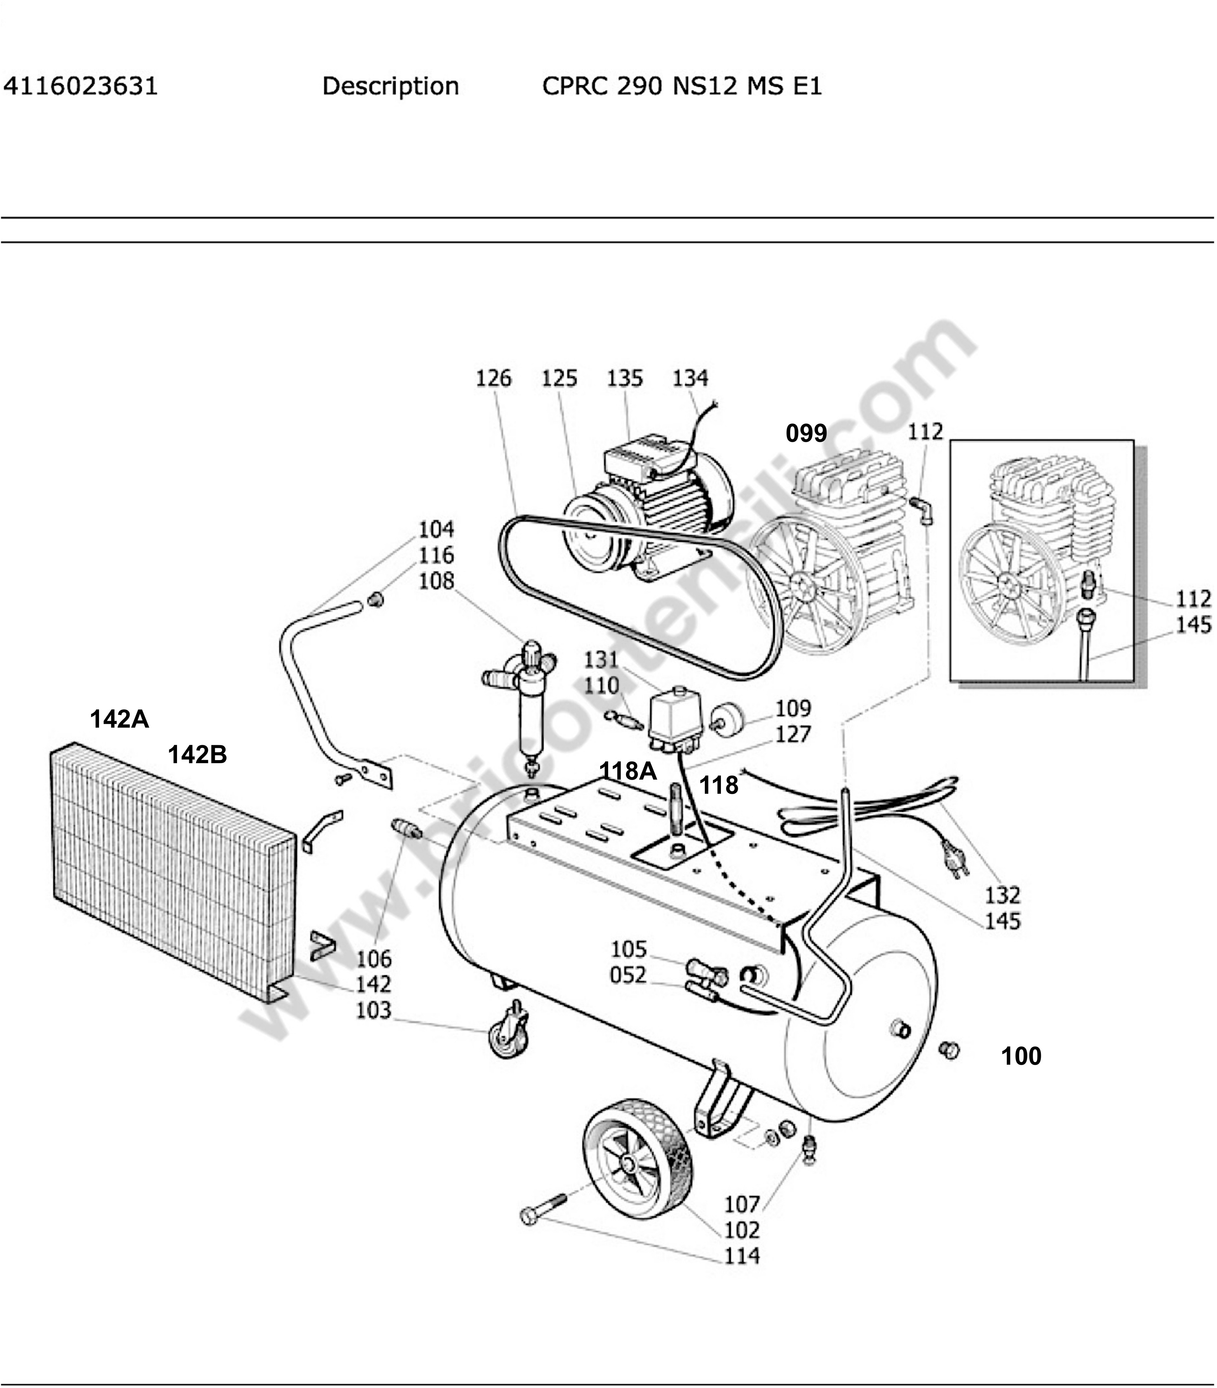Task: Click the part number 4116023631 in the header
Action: [x=81, y=86]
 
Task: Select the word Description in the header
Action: [x=391, y=86]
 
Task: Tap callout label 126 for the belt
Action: [x=494, y=378]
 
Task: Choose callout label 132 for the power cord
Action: [x=1003, y=895]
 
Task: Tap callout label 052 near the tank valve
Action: [x=628, y=975]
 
